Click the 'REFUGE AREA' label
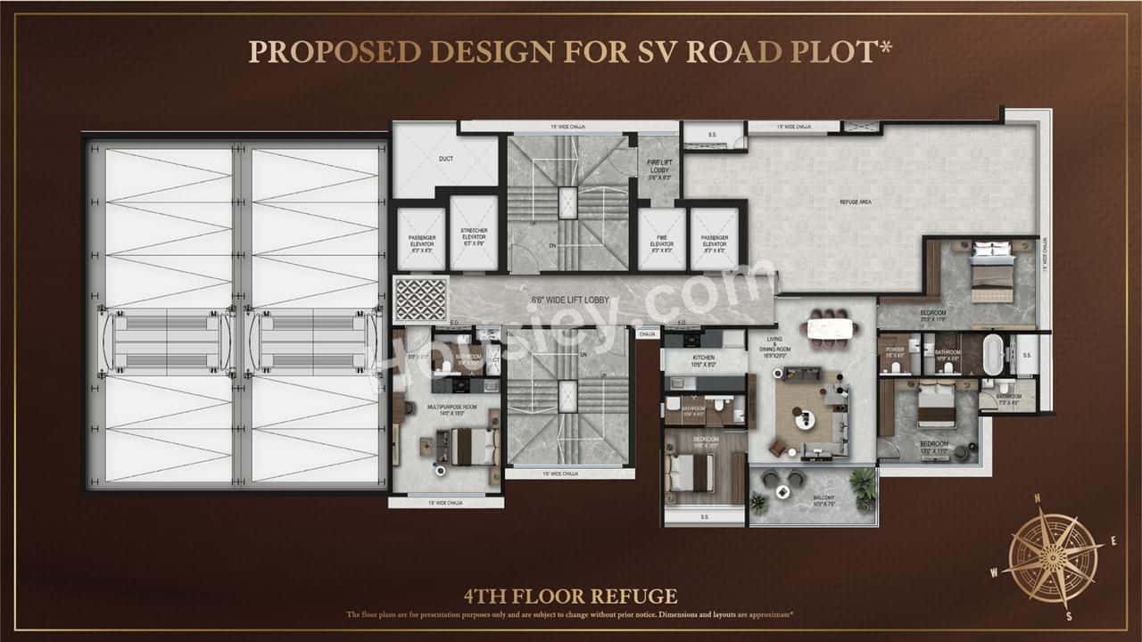pos(855,202)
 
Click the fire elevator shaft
pos(661,238)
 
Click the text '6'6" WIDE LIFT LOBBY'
pos(571,300)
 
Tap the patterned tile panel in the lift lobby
pos(420,300)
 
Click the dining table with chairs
pos(831,328)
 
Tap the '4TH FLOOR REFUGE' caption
pos(570,597)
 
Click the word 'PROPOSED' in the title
pos(334,52)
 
